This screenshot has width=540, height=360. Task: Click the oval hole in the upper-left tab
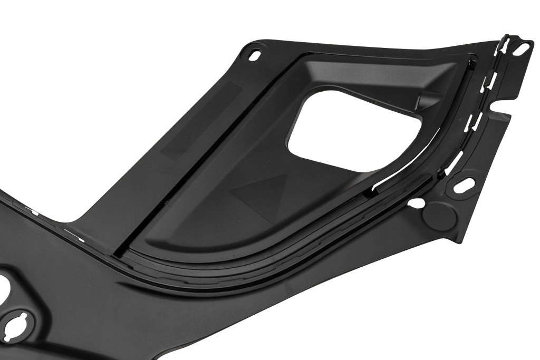point(256,55)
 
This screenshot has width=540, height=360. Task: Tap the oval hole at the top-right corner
point(522,48)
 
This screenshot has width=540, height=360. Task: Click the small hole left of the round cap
point(416,202)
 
